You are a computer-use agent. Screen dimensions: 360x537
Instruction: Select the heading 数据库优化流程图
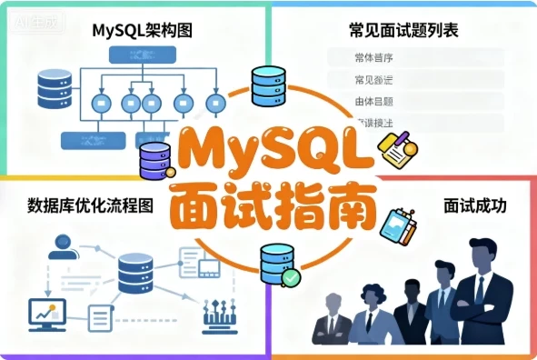click(90, 204)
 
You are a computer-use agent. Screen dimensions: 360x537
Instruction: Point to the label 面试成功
click(474, 206)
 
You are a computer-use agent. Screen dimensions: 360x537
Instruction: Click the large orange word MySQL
click(273, 149)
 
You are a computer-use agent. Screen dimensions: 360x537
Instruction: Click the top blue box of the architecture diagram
click(142, 54)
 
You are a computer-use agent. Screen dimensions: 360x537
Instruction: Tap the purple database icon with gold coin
click(155, 161)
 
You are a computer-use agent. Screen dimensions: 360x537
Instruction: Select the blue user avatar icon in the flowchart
click(63, 245)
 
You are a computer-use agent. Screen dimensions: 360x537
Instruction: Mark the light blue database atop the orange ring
click(269, 85)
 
